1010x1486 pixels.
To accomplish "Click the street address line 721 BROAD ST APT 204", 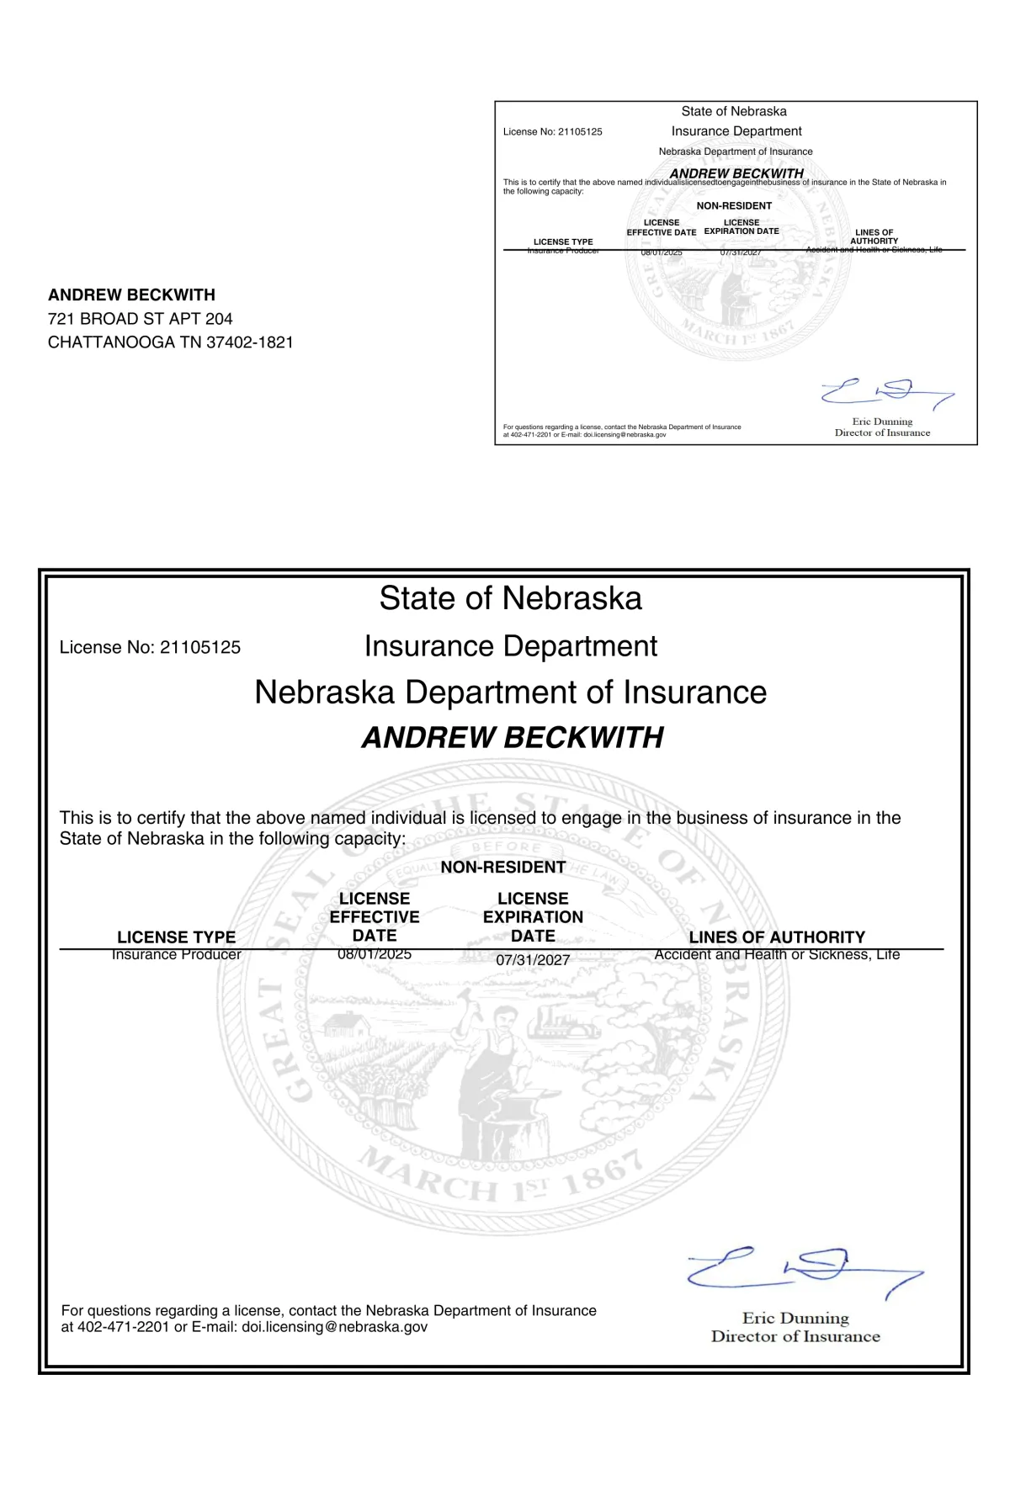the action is (140, 319).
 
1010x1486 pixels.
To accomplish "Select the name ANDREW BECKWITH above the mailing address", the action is (131, 295).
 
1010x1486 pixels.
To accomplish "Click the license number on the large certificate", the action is (200, 648).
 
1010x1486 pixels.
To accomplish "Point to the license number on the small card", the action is (580, 132).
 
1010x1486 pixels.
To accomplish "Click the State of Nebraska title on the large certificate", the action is (510, 598).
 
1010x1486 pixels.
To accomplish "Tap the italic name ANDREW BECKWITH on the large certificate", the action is (513, 738).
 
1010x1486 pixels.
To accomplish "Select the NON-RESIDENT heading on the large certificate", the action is (503, 868).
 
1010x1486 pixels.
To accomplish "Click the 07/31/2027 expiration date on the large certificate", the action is (533, 960).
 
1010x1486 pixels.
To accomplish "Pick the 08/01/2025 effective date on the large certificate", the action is (375, 954).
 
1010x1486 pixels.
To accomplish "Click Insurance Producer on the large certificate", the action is (177, 954).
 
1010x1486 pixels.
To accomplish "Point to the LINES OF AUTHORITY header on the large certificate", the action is (777, 937).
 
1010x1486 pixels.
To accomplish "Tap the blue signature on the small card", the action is (887, 392).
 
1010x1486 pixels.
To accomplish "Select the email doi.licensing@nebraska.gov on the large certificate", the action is (334, 1327).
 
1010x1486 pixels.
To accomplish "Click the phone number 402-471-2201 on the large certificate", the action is (123, 1327).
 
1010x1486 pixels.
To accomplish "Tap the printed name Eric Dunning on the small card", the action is (882, 422).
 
